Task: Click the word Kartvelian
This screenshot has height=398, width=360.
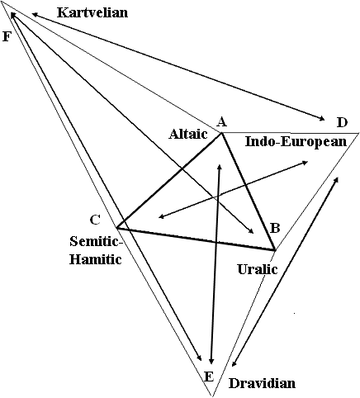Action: click(x=92, y=12)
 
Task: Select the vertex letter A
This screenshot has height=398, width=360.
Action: click(x=222, y=121)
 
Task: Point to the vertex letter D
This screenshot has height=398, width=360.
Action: click(x=343, y=122)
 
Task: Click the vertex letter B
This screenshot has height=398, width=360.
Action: click(x=275, y=228)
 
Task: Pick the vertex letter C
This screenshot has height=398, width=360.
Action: click(x=95, y=220)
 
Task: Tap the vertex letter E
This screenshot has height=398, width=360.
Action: click(x=209, y=377)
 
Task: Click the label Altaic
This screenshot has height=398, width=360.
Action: click(x=188, y=134)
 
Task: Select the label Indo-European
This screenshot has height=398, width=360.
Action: click(x=296, y=141)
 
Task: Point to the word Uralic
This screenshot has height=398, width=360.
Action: click(x=258, y=269)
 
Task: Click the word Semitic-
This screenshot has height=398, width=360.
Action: click(x=96, y=241)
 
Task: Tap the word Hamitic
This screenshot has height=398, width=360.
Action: click(x=95, y=259)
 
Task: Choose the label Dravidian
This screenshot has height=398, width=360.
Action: click(x=262, y=383)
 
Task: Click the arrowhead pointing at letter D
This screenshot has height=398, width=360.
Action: click(x=322, y=119)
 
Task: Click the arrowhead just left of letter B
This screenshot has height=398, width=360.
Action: click(x=251, y=230)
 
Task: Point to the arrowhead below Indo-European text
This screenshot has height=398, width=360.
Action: click(x=305, y=163)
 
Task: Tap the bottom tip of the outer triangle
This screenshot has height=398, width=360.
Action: click(x=212, y=396)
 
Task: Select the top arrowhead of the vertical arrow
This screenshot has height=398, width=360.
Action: click(x=220, y=166)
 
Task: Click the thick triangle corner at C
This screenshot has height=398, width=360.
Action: click(x=117, y=228)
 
